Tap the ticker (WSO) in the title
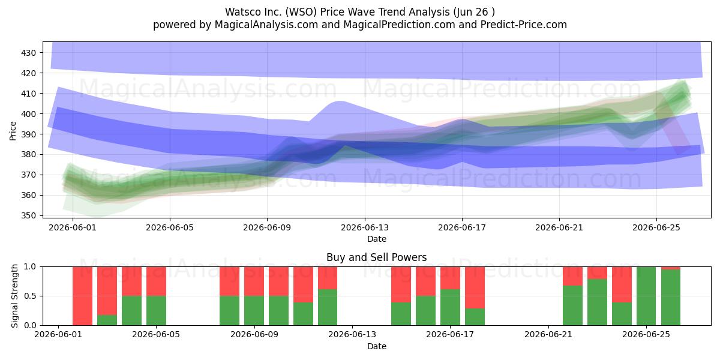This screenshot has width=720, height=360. (299, 12)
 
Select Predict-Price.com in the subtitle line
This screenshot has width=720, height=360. (524, 25)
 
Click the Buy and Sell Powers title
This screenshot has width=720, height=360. (376, 257)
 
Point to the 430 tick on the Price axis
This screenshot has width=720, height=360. (28, 53)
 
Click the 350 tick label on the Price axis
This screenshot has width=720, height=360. (28, 215)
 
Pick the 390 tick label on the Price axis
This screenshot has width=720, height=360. (28, 134)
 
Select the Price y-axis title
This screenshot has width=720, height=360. (13, 131)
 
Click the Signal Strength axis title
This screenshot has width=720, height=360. (14, 296)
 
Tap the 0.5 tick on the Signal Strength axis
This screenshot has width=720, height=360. (30, 296)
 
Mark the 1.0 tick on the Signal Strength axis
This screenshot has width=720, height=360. (30, 267)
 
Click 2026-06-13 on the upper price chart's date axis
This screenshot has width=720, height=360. (365, 227)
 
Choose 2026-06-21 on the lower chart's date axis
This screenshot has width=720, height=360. (548, 335)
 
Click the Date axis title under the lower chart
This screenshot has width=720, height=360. (377, 347)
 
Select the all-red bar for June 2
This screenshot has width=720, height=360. (83, 296)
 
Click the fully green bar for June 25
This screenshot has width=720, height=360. (646, 296)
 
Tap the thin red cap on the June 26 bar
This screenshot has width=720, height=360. (671, 268)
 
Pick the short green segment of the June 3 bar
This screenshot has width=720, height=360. (107, 320)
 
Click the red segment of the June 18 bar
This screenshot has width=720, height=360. (475, 287)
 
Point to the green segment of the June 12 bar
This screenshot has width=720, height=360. (328, 307)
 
